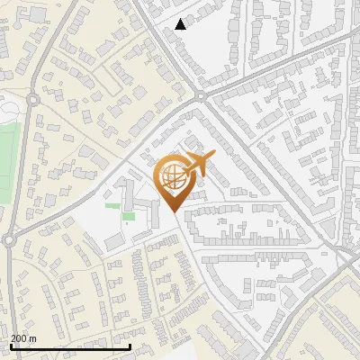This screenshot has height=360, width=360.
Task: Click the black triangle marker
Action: (181, 24)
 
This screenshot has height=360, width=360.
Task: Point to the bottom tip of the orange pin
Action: (172, 212)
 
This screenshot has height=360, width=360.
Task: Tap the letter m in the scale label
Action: (33, 338)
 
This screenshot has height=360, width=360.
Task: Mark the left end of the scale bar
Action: (11, 346)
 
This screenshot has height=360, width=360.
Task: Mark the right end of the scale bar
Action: (130, 346)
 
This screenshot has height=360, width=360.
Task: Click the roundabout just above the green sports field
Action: (33, 100)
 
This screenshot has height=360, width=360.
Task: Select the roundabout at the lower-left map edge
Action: (7, 240)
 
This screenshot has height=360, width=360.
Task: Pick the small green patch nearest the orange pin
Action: (129, 216)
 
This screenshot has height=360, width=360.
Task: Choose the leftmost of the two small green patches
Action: (112, 206)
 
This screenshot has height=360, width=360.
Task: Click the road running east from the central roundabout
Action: (270, 63)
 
